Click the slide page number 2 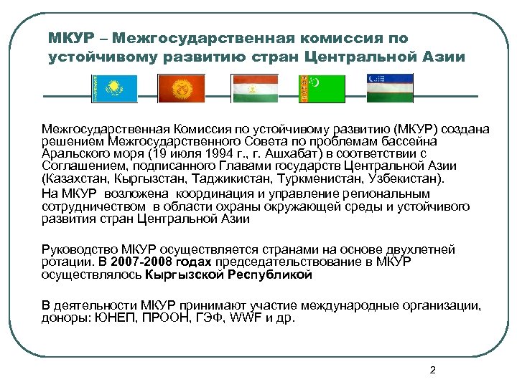432,370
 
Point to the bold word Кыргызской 186,274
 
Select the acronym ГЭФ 209,317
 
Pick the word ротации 67,262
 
